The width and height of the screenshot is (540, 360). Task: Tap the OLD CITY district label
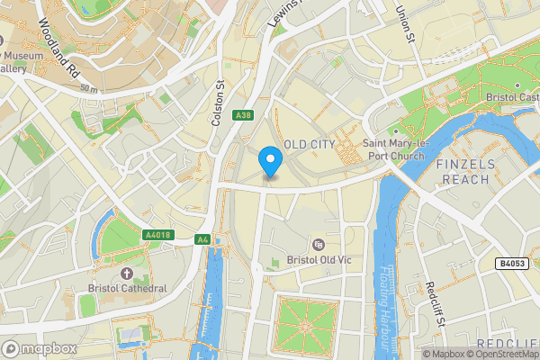pyautogui.click(x=309, y=145)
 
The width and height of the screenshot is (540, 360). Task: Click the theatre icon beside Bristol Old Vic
pyautogui.click(x=317, y=245)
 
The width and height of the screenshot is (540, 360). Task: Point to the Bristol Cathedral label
pyautogui.click(x=127, y=288)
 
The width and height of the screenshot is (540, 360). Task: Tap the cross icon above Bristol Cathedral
pyautogui.click(x=126, y=273)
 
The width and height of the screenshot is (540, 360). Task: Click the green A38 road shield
pyautogui.click(x=242, y=116)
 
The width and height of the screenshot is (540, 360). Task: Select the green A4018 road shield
pyautogui.click(x=157, y=235)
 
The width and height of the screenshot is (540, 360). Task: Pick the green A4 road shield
pyautogui.click(x=203, y=239)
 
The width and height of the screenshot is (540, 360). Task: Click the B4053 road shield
pyautogui.click(x=513, y=264)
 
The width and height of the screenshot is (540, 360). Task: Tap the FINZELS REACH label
pyautogui.click(x=463, y=172)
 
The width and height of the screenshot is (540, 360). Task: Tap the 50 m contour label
pyautogui.click(x=87, y=88)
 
